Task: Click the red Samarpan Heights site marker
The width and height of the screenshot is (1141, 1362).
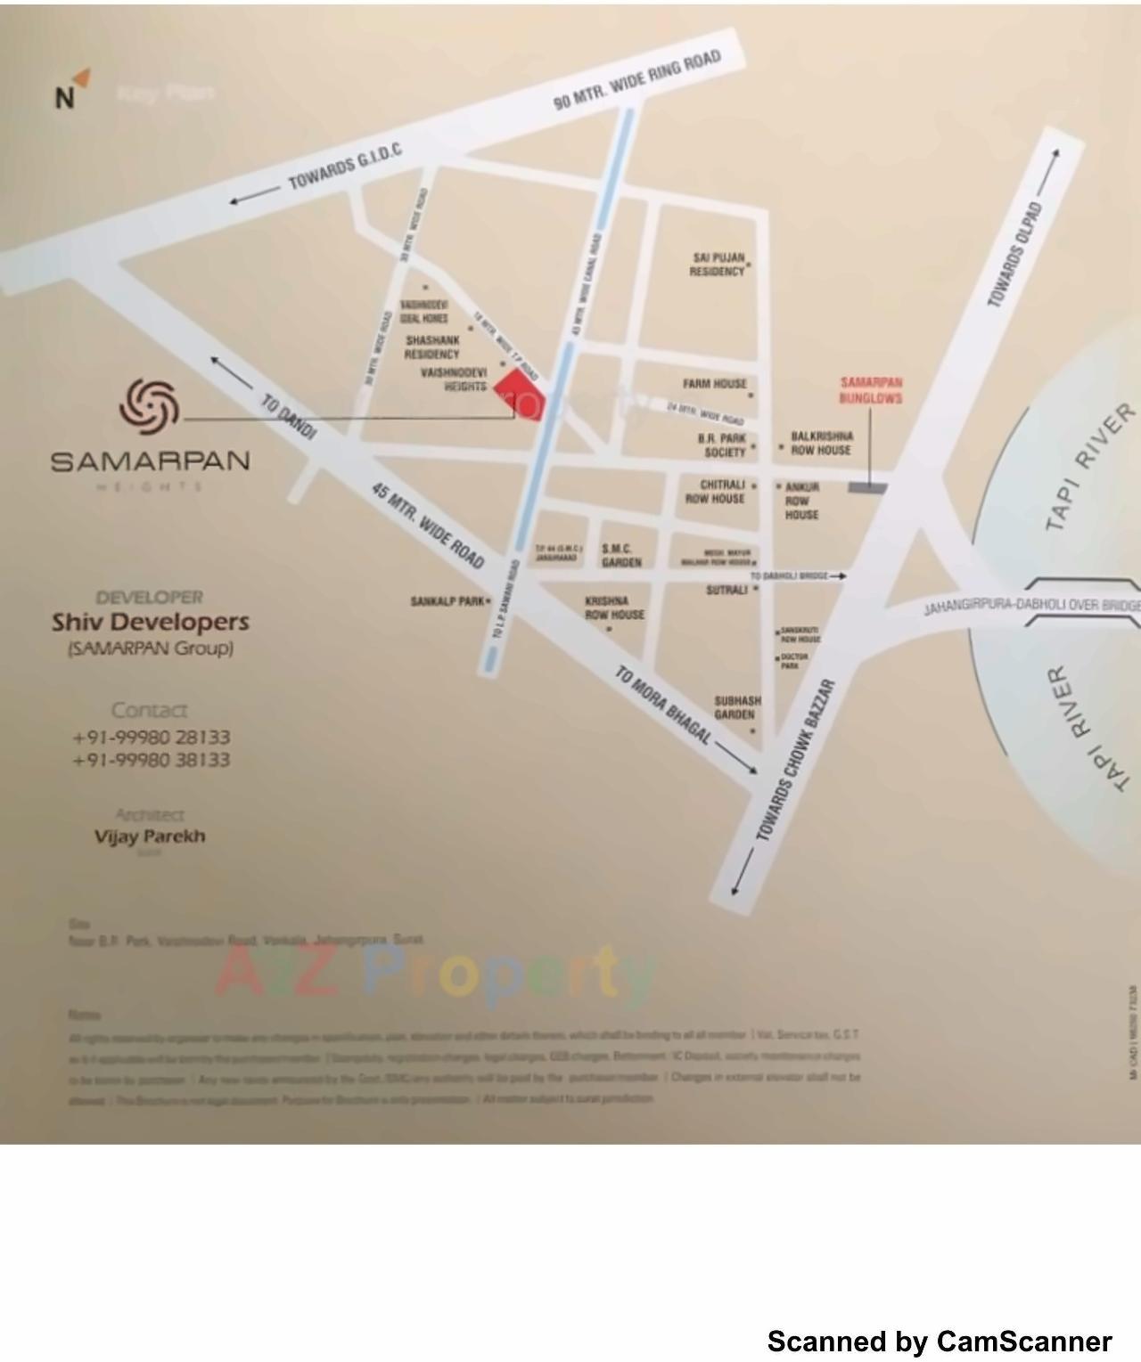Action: pos(517,393)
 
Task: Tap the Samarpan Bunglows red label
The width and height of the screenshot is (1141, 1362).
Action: pos(871,390)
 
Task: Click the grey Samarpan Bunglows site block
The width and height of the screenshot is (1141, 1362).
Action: pos(867,487)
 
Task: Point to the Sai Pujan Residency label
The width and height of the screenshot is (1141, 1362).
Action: pos(718,265)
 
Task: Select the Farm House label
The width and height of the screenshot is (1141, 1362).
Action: pos(715,384)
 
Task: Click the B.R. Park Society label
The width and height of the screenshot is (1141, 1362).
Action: pos(722,445)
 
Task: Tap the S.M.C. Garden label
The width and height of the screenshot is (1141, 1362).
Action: pos(620,556)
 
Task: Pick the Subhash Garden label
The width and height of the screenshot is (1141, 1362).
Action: pos(737,708)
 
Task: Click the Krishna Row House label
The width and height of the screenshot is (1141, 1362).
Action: pos(614,608)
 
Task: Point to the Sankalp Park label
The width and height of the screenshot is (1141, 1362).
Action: pos(447,601)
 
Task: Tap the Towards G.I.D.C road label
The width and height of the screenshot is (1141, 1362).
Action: pos(344,167)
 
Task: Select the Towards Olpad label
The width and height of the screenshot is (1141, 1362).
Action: pos(1014,255)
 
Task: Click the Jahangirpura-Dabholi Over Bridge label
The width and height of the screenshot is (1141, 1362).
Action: pos(1030,607)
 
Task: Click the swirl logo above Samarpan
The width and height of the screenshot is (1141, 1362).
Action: pos(149,404)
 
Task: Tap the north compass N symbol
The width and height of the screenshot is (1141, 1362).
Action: pos(64,97)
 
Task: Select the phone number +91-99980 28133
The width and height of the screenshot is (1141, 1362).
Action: pos(151,738)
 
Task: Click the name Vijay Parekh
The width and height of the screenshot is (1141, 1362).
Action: pos(150,836)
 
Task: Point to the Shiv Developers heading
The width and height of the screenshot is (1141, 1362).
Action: pos(150,622)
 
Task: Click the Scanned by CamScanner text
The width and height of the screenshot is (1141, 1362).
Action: pos(940,1341)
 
